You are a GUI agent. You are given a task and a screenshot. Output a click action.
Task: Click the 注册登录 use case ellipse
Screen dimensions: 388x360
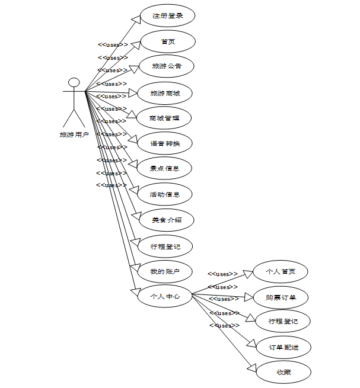(168, 16)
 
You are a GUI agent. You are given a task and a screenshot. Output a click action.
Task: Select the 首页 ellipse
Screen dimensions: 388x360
(168, 41)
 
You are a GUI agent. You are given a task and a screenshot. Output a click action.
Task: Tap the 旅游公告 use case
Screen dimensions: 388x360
(167, 66)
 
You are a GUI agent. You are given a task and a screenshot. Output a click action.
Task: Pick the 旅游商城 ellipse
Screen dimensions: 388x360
(165, 93)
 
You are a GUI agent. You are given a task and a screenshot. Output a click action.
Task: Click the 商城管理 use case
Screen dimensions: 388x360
(165, 118)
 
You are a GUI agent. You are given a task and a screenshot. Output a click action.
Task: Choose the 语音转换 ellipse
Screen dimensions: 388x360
(165, 143)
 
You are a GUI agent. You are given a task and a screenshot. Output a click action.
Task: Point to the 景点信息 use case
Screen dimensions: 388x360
(165, 168)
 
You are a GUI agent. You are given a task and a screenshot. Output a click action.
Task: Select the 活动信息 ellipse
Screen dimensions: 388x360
(165, 194)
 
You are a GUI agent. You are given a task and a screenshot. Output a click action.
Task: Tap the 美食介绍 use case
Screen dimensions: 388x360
(165, 220)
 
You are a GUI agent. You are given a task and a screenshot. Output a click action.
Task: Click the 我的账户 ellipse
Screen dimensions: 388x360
(165, 271)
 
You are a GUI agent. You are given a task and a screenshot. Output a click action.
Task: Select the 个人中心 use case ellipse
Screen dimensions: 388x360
(165, 296)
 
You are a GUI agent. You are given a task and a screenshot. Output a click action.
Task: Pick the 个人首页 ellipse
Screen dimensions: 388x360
(281, 271)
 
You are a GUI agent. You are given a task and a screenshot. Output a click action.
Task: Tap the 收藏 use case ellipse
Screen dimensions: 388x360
(283, 372)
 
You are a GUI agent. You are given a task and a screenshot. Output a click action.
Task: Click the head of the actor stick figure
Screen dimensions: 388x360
(74, 82)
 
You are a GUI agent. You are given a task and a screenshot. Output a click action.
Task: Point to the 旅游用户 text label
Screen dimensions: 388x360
(74, 134)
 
